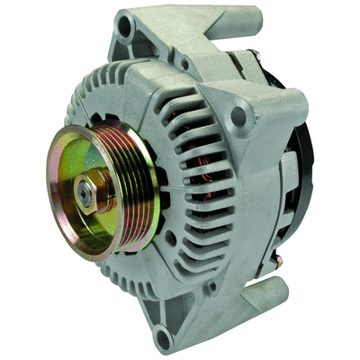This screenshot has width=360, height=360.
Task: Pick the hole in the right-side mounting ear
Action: point(238,115)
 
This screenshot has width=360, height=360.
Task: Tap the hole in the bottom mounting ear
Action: point(162,338)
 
